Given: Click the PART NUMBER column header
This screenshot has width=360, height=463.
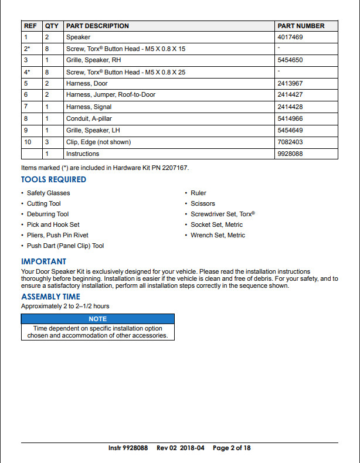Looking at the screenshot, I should click(300, 26).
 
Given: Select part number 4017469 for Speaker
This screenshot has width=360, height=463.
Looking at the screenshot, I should click(291, 37).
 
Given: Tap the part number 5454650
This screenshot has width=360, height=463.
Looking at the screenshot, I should click(291, 60).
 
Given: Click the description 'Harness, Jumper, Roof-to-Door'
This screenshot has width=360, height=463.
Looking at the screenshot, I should click(111, 95).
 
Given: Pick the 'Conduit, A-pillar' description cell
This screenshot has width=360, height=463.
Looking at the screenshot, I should click(89, 118).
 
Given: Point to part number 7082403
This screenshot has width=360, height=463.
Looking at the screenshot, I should click(291, 142).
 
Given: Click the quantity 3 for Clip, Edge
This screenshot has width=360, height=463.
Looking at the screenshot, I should click(47, 142).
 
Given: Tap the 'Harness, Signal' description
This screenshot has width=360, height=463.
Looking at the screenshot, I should click(89, 107).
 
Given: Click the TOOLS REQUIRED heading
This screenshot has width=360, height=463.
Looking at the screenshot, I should click(53, 179).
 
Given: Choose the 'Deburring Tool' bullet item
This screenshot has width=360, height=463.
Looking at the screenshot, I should click(47, 214).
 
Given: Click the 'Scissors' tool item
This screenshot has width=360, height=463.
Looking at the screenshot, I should click(203, 203).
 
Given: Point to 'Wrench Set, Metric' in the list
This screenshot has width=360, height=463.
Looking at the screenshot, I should click(218, 235).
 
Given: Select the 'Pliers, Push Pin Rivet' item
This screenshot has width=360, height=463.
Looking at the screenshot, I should click(57, 235).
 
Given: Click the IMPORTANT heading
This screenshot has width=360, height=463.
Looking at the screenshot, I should click(43, 261).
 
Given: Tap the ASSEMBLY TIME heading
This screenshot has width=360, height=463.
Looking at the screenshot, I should click(50, 297).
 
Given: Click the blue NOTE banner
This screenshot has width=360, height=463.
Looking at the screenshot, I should click(97, 319).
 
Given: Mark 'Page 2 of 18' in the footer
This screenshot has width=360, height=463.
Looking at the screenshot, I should click(232, 448).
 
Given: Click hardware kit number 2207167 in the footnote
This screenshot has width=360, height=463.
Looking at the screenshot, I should click(175, 168).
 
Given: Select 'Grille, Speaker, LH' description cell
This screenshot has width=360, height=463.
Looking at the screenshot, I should click(93, 130).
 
